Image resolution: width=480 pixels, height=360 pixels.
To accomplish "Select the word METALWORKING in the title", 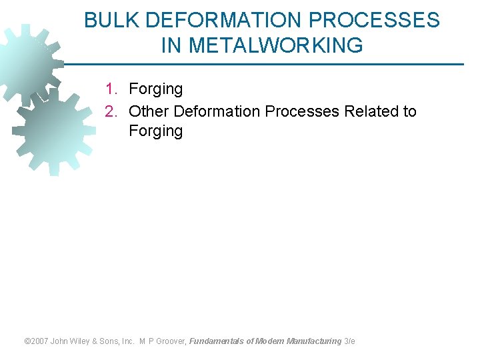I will [276, 45].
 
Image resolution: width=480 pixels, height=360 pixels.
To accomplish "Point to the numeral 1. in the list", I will [112, 89].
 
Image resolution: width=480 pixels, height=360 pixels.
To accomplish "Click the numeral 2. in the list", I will [112, 111].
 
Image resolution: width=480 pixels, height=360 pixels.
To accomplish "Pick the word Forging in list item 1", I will [155, 89].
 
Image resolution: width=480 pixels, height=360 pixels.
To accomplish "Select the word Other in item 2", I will [149, 111].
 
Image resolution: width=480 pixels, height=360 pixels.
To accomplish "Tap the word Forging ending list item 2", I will [155, 131].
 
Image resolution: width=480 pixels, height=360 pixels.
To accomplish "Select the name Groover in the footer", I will [173, 341].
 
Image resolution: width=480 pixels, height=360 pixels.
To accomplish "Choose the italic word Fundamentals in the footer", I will [217, 341].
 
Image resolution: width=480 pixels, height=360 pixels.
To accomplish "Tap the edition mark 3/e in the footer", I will [349, 341].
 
